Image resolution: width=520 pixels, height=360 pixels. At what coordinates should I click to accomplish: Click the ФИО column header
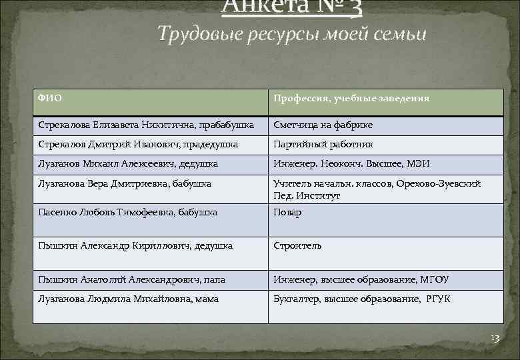[50, 99]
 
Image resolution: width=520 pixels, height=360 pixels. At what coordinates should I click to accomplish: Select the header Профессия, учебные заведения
[351, 99]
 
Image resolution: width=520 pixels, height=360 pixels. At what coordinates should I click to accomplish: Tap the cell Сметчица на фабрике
[323, 125]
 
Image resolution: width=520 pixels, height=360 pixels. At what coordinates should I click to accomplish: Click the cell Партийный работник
[323, 144]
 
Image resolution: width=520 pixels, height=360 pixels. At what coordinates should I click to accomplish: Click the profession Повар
[287, 213]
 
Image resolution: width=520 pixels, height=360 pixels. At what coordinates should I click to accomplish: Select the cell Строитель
[297, 246]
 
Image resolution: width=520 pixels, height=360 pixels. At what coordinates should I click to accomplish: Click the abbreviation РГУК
[437, 299]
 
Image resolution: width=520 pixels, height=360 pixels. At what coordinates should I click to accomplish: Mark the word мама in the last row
[207, 299]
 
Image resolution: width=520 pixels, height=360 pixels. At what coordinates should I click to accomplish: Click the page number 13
[495, 339]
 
